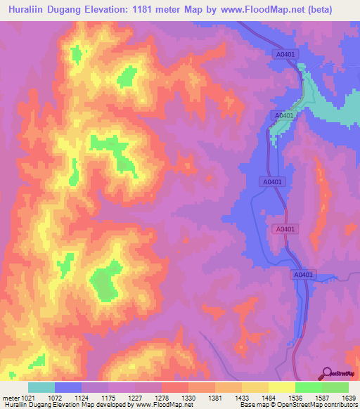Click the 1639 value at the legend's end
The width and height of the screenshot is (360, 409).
click(x=347, y=398)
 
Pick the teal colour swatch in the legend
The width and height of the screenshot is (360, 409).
click(x=41, y=387)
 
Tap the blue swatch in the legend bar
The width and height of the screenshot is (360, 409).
click(x=68, y=387)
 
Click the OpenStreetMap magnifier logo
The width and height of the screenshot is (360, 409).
click(x=327, y=373)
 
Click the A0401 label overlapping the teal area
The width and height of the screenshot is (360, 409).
click(x=284, y=115)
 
